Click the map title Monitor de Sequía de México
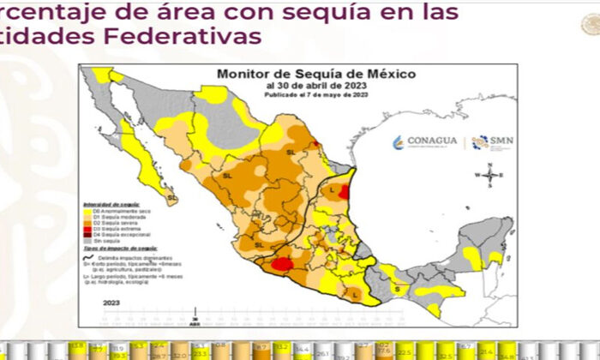pyautogui.click(x=292, y=75)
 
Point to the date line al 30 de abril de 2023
pyautogui.click(x=292, y=86)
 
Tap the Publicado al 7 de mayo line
pyautogui.click(x=292, y=94)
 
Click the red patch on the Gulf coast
pyautogui.click(x=344, y=194)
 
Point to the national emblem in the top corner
pyautogui.click(x=589, y=23)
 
